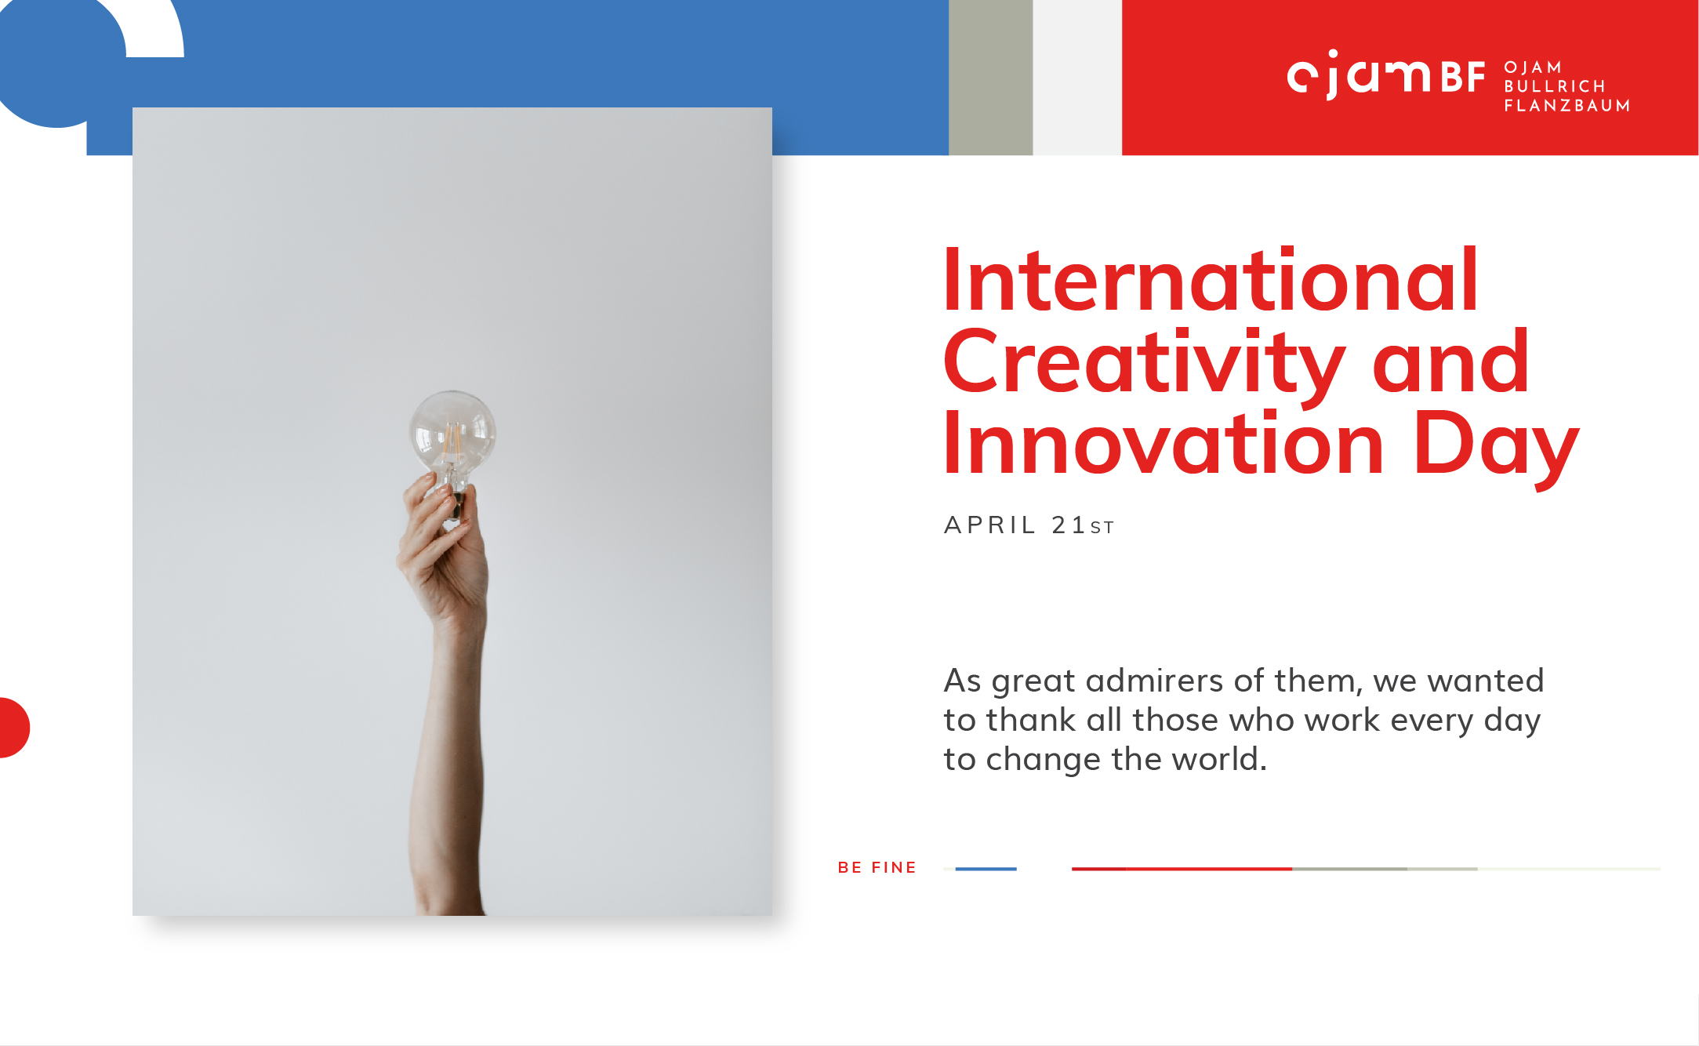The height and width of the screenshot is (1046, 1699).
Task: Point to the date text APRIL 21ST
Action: click(x=1029, y=525)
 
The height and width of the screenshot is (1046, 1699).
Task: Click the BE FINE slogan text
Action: click(x=877, y=867)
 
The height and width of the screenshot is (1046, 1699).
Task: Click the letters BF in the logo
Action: click(x=1462, y=78)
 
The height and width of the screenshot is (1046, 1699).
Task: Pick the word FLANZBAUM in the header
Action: click(x=1566, y=105)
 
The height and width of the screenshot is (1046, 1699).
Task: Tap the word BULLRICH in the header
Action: click(x=1555, y=86)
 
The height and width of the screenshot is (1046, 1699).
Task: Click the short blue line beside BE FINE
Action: click(x=986, y=869)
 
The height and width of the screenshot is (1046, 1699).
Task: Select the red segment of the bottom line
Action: click(x=1182, y=869)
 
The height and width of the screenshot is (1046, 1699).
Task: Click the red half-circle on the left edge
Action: click(x=13, y=728)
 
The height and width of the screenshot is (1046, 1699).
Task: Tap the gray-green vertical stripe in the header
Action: click(x=990, y=78)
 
